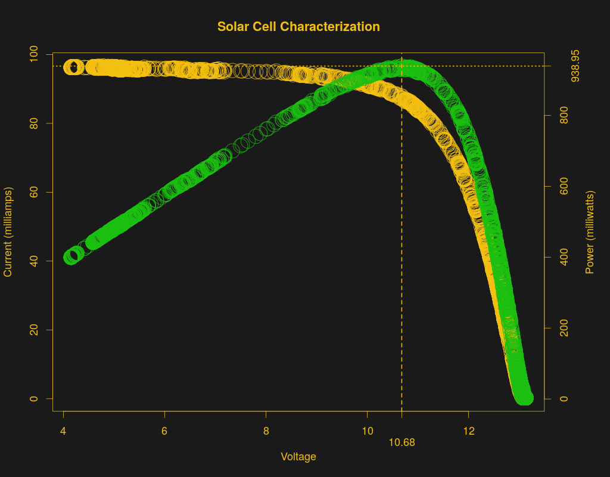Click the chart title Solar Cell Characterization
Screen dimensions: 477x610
pyautogui.click(x=298, y=27)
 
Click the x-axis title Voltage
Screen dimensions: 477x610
pyautogui.click(x=298, y=457)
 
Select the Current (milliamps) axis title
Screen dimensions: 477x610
pyautogui.click(x=8, y=232)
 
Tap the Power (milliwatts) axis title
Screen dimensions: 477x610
pyautogui.click(x=590, y=233)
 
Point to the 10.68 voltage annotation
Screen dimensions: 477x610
pyautogui.click(x=402, y=442)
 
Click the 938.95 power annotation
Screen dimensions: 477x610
pyautogui.click(x=575, y=66)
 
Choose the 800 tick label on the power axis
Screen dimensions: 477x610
pyautogui.click(x=564, y=116)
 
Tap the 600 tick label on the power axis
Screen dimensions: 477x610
pyautogui.click(x=564, y=187)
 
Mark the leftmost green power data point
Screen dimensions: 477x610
pyautogui.click(x=70, y=258)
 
